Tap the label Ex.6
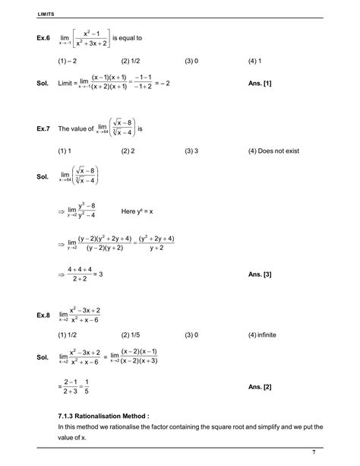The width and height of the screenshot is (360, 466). click(x=43, y=36)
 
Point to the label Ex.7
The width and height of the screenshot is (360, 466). click(x=43, y=129)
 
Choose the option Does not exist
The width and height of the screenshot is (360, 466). click(x=273, y=152)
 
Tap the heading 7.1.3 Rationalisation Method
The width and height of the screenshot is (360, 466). click(x=103, y=416)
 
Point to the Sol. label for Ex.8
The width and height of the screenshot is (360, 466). click(x=43, y=357)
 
